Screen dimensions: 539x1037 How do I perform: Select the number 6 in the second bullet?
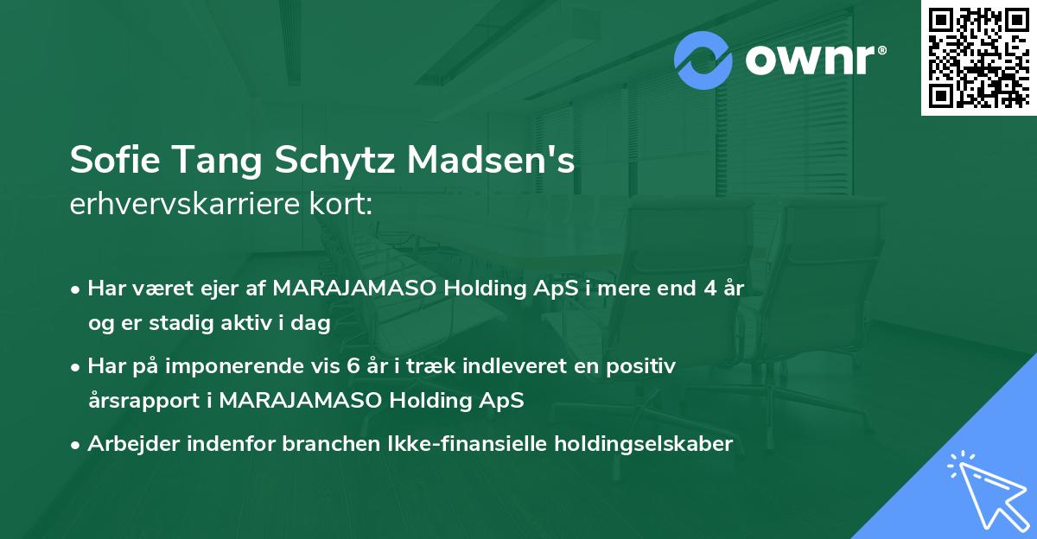pos(353,366)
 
